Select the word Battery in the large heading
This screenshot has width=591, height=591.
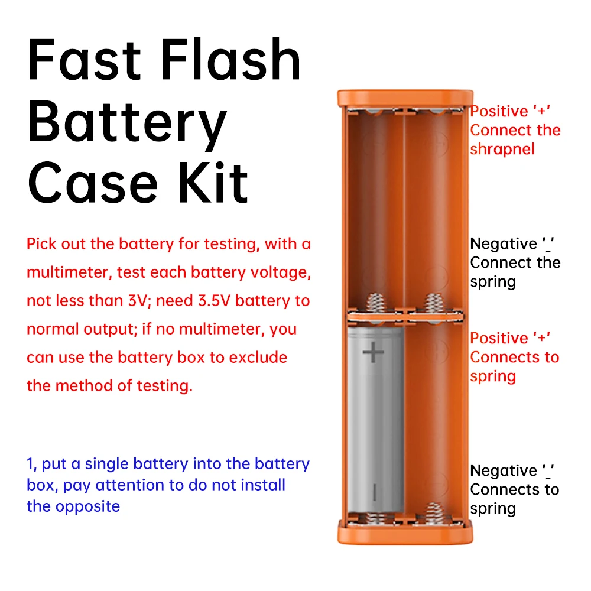click(x=127, y=122)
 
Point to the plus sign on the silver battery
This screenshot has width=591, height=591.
click(x=373, y=353)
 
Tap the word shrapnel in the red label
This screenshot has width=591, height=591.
click(x=502, y=150)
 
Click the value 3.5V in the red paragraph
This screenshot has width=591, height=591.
click(x=213, y=301)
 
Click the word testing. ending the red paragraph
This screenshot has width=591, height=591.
click(x=165, y=386)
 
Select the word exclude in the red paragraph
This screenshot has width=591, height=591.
click(x=258, y=358)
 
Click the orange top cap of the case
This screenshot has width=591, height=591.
click(x=405, y=98)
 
